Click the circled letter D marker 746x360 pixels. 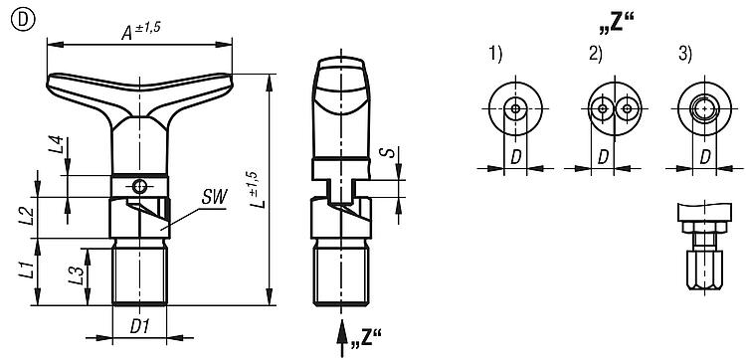22,22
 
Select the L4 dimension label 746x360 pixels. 56,144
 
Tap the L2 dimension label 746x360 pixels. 29,217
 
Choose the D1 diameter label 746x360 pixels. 140,326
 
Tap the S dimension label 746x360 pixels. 389,153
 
